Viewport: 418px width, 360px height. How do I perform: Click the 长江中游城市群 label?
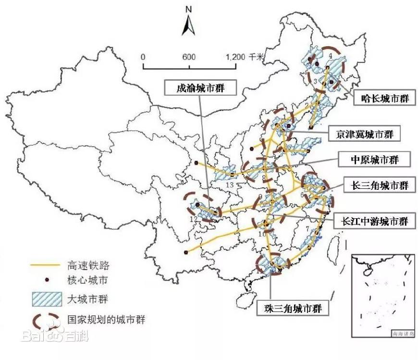tap(374, 221)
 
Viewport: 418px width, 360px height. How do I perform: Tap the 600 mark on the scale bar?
tap(188, 57)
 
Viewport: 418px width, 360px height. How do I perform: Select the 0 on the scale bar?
tap(143, 57)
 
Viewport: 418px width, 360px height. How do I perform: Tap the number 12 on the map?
tap(194, 219)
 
